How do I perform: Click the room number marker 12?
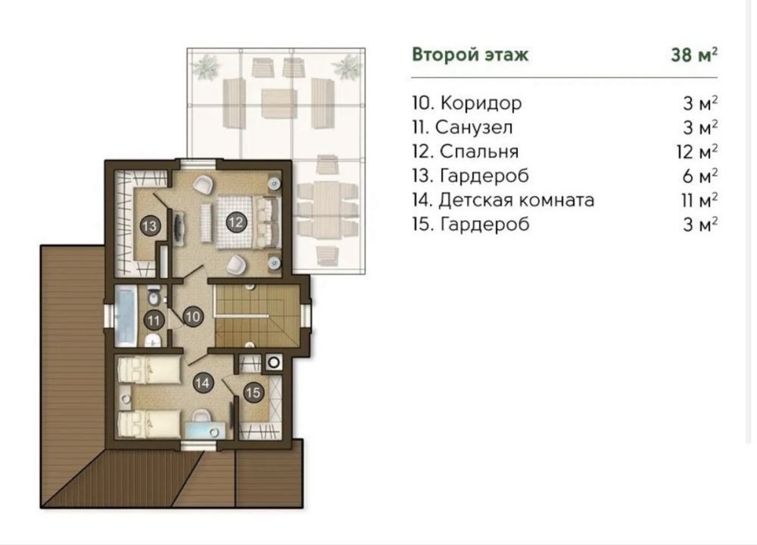coord(235,222)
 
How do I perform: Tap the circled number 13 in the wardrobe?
coord(150,226)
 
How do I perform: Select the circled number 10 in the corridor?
coord(192,317)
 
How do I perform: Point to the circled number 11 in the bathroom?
coord(154,320)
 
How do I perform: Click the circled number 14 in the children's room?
coord(203,383)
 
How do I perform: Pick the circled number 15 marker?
coord(253,392)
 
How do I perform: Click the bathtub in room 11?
coord(127,315)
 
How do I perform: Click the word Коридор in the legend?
coord(481,103)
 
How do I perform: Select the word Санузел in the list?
coord(474,127)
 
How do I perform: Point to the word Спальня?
coord(479,152)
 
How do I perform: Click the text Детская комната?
coord(516,199)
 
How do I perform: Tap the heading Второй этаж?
coord(470,55)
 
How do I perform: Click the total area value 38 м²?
coord(693,55)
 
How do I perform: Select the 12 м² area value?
coord(696,152)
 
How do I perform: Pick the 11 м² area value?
coord(699,199)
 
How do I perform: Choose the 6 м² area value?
coord(699,176)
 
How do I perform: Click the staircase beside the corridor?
coord(257,315)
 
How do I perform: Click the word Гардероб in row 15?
coord(484,224)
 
